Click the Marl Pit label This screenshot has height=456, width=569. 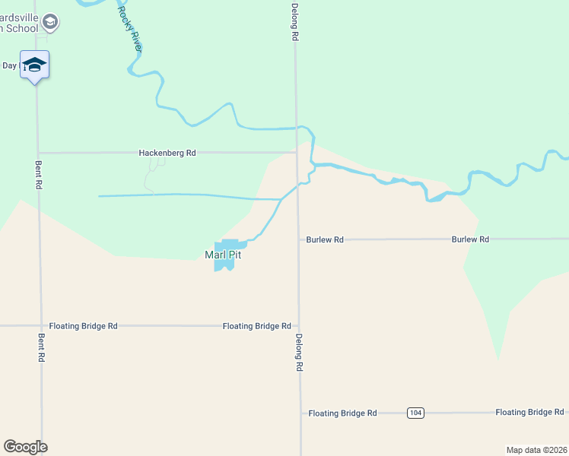click(223, 255)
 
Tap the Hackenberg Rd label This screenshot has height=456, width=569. click(167, 153)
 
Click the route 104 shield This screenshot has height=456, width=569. click(415, 413)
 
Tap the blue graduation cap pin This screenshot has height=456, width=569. click(34, 65)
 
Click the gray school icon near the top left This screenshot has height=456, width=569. click(50, 21)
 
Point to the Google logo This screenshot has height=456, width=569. click(25, 447)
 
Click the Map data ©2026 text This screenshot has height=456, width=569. click(536, 450)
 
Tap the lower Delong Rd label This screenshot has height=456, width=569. click(299, 353)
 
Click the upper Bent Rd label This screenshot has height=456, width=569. click(39, 175)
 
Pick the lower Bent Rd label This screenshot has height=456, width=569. click(41, 347)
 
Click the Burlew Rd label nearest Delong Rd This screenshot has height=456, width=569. click(325, 239)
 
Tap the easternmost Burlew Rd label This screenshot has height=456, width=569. click(470, 239)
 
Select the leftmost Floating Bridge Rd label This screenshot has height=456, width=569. click(83, 326)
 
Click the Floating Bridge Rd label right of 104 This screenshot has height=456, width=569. click(529, 413)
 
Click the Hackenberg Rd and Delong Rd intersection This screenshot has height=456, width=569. click(296, 152)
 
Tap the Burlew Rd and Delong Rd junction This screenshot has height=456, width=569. click(298, 239)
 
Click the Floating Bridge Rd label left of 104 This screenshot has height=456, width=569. click(342, 413)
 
